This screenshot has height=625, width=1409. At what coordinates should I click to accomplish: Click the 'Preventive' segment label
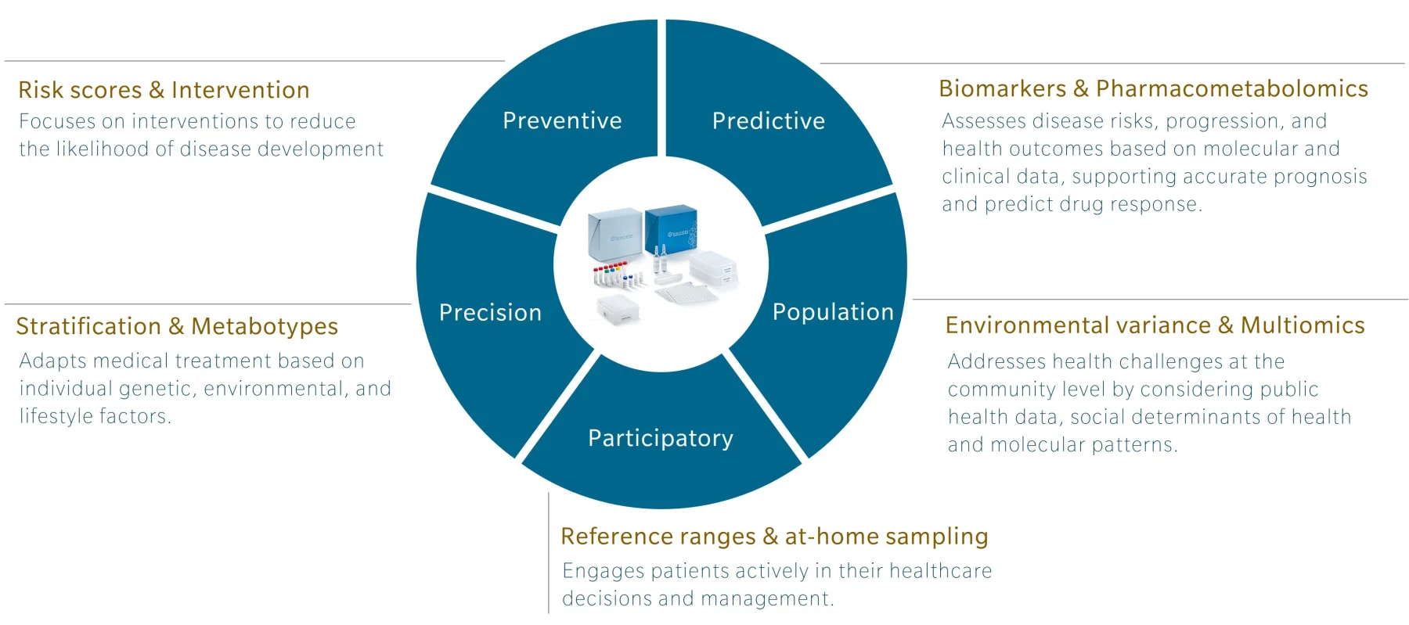coord(562,120)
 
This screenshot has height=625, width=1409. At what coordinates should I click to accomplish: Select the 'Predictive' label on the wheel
coord(768,120)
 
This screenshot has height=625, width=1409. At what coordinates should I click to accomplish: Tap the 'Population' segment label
coord(833,312)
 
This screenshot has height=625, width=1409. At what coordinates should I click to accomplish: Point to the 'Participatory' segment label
coord(661,438)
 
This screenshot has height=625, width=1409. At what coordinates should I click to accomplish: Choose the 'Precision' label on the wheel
coord(490,313)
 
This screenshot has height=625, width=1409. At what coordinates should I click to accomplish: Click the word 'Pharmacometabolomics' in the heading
coord(1231,89)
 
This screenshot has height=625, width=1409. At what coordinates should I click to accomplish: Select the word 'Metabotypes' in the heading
coord(265,326)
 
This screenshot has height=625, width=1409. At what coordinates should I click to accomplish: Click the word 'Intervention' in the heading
coord(240,91)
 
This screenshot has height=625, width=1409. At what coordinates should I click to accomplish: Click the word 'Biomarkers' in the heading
coord(1002,89)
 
